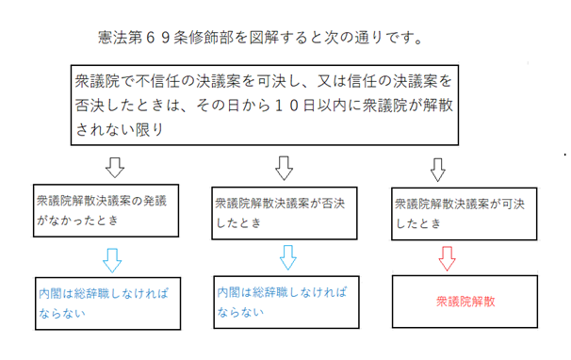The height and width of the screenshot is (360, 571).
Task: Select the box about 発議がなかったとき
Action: [106, 209]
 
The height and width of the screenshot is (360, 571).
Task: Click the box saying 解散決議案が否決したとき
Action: [283, 210]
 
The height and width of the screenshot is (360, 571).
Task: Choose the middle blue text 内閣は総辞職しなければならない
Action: [283, 301]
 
